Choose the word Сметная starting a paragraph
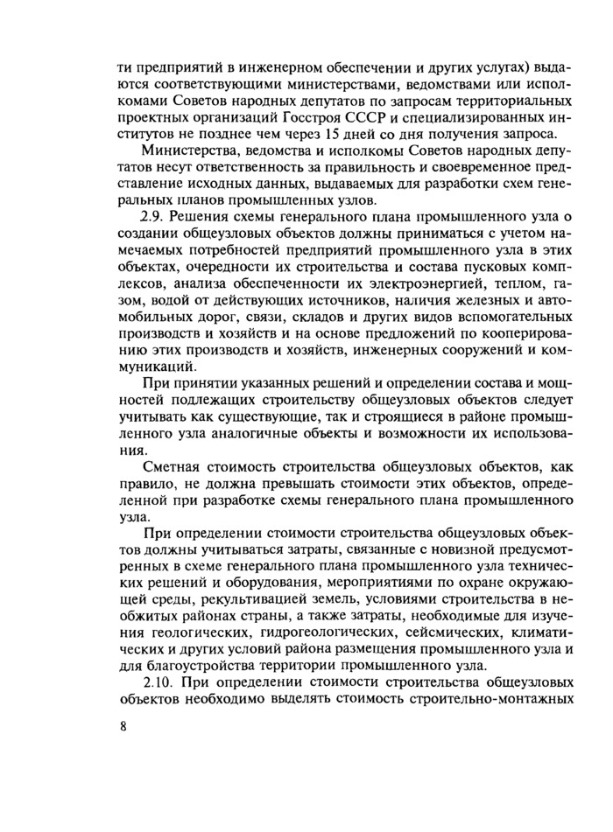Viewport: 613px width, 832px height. tap(173, 468)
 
